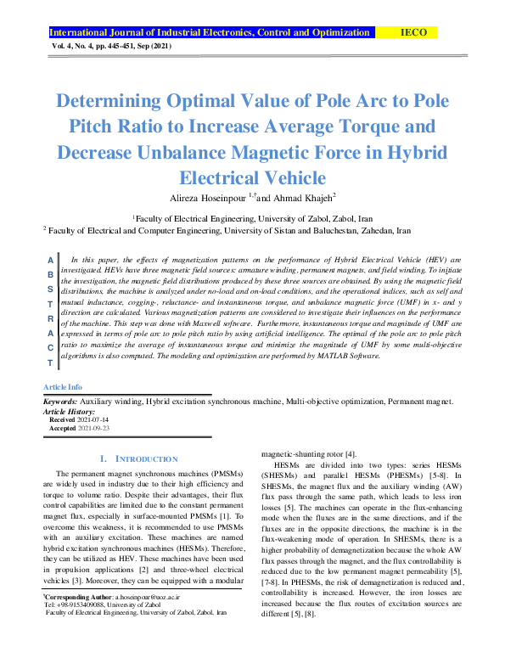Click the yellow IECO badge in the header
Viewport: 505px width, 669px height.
[x=418, y=33]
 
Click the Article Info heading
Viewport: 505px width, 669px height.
[x=62, y=386]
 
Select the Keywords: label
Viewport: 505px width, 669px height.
[x=61, y=401]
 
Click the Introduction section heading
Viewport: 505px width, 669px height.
[x=139, y=458]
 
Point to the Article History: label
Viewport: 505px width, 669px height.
[x=70, y=410]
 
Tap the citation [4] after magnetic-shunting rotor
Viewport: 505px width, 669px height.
[x=351, y=454]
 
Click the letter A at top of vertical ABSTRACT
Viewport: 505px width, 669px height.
[x=51, y=259]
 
